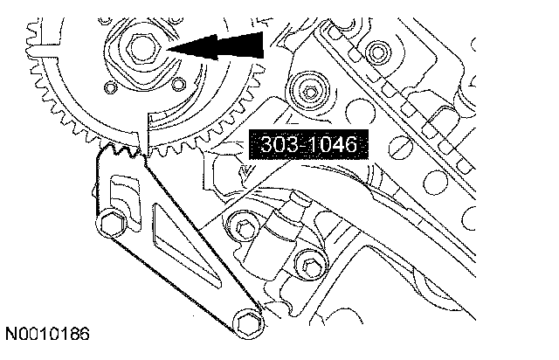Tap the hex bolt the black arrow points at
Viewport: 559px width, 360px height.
tap(143, 47)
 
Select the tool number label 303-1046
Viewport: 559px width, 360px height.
tap(308, 144)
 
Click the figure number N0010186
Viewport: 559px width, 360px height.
tap(47, 334)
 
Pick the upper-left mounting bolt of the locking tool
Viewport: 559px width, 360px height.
tap(112, 224)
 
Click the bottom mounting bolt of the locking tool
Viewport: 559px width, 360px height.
tap(248, 323)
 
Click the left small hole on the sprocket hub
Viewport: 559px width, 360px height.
tap(110, 87)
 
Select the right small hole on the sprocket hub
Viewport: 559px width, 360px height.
tap(178, 84)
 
